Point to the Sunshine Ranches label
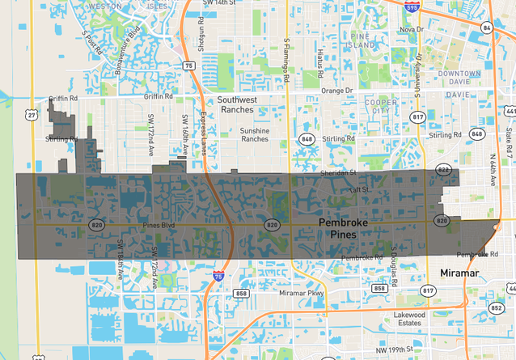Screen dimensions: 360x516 coord(255,134)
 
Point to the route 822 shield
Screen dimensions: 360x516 coord(443,170)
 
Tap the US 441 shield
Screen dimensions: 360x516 coord(510,111)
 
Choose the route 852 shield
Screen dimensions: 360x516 coord(497,307)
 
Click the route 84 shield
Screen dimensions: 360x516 coord(486,27)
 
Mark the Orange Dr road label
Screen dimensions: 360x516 coord(337,91)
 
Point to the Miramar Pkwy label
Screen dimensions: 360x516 coord(301,293)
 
